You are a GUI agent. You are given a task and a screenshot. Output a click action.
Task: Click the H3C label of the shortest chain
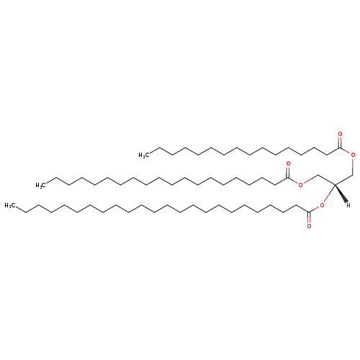tap(144, 156)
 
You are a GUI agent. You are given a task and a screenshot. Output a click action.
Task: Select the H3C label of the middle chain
tap(41, 185)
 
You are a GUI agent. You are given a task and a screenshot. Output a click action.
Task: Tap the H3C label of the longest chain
tap(10, 205)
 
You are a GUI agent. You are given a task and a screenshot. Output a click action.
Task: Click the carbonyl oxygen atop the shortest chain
tap(340, 134)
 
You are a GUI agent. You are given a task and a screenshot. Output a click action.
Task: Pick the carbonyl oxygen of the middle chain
tap(288, 164)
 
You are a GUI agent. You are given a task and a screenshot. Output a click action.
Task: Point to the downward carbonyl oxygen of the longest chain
tap(309, 226)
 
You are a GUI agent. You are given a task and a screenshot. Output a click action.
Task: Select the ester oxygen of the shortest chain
tap(353, 155)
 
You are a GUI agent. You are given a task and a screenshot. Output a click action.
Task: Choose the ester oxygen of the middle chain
tap(300, 184)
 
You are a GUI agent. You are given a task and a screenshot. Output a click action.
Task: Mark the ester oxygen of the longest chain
tap(322, 205)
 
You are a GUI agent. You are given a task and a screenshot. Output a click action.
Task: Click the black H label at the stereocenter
tap(348, 205)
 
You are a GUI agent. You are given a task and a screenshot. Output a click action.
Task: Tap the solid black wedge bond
tap(341, 194)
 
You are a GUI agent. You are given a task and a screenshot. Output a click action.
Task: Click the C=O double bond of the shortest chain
tap(340, 142)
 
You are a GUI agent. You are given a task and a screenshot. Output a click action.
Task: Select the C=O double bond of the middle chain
tap(288, 172)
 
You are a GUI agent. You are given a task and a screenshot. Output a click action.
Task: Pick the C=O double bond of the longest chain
tap(309, 217)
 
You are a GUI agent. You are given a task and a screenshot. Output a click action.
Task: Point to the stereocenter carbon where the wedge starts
tap(335, 185)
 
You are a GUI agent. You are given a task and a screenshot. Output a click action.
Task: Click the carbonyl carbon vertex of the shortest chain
tap(340, 148)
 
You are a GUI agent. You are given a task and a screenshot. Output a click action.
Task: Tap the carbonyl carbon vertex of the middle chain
tap(288, 178)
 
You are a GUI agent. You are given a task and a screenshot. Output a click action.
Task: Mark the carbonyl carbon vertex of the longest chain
tap(309, 212)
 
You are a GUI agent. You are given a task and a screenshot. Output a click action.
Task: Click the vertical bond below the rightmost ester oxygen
tap(353, 166)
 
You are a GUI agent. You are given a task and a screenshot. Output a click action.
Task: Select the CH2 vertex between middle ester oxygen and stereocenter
tap(318, 175)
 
